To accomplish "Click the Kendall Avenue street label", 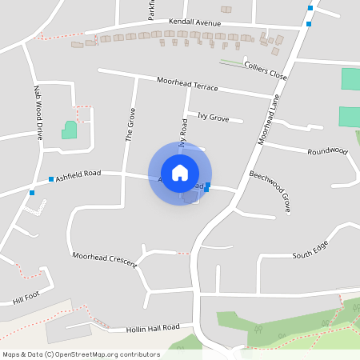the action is [194, 24].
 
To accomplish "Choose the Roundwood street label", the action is [327, 150].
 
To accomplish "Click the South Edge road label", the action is [310, 255].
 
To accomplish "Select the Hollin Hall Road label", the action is [154, 328].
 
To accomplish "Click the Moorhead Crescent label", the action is [105, 258].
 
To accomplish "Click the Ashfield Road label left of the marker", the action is [78, 173].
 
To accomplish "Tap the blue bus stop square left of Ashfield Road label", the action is [51, 178].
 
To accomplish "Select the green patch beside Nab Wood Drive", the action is [70, 130].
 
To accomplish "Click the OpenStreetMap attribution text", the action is [80, 354].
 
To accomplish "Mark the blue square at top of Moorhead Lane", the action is [310, 8].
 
